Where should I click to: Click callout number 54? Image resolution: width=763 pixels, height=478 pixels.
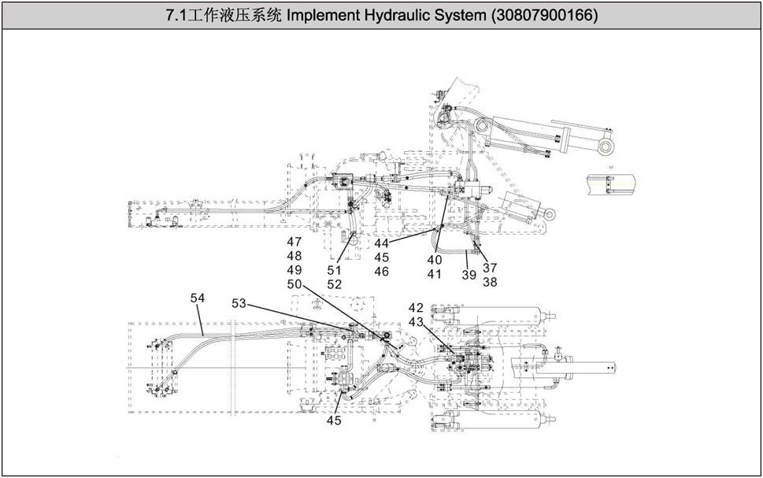point(198,298)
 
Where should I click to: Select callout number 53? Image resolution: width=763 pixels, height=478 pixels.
point(239,303)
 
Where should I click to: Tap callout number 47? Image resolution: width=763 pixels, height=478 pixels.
point(294,242)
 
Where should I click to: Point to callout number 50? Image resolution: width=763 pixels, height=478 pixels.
point(294,284)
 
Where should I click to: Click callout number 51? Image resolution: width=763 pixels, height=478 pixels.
point(335,270)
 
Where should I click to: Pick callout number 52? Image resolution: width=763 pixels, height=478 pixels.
point(335,284)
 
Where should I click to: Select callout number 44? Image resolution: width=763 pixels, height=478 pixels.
point(382,243)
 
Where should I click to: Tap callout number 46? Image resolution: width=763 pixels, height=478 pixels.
point(382,272)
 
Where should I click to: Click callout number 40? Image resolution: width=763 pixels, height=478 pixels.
point(435,260)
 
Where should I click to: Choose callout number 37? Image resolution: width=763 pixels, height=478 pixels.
point(490,267)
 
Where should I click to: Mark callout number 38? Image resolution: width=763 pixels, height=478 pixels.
point(490,281)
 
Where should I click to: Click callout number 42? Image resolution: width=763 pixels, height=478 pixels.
point(416,307)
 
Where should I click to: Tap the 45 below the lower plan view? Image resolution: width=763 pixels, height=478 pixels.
point(335,420)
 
